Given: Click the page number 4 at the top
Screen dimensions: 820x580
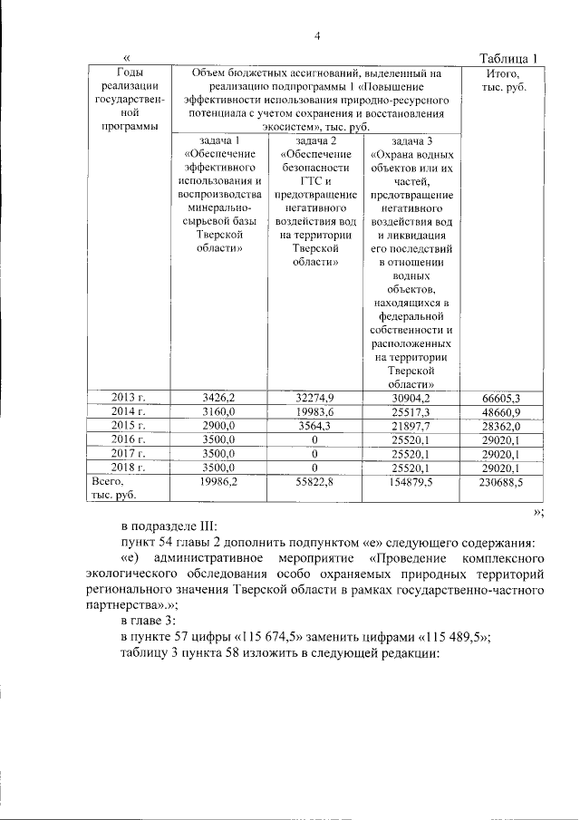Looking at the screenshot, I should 317,35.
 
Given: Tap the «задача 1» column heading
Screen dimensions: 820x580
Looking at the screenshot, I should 218,141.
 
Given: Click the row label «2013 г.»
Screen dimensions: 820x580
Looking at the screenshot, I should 128,397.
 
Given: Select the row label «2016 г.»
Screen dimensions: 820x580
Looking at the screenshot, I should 128,439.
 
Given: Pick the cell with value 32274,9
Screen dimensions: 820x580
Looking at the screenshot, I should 315,397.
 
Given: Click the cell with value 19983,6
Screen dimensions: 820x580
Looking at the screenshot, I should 315,410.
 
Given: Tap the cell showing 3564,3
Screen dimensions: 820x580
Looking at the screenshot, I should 315,425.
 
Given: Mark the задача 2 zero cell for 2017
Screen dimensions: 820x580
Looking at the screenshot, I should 315,453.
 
